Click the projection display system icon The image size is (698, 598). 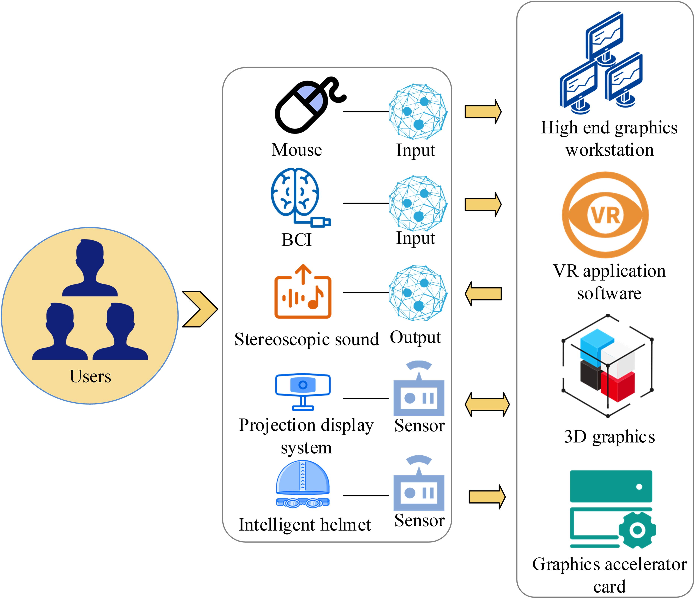303,390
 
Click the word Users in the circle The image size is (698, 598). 90,376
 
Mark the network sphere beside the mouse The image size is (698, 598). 418,112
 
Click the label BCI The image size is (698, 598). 296,240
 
